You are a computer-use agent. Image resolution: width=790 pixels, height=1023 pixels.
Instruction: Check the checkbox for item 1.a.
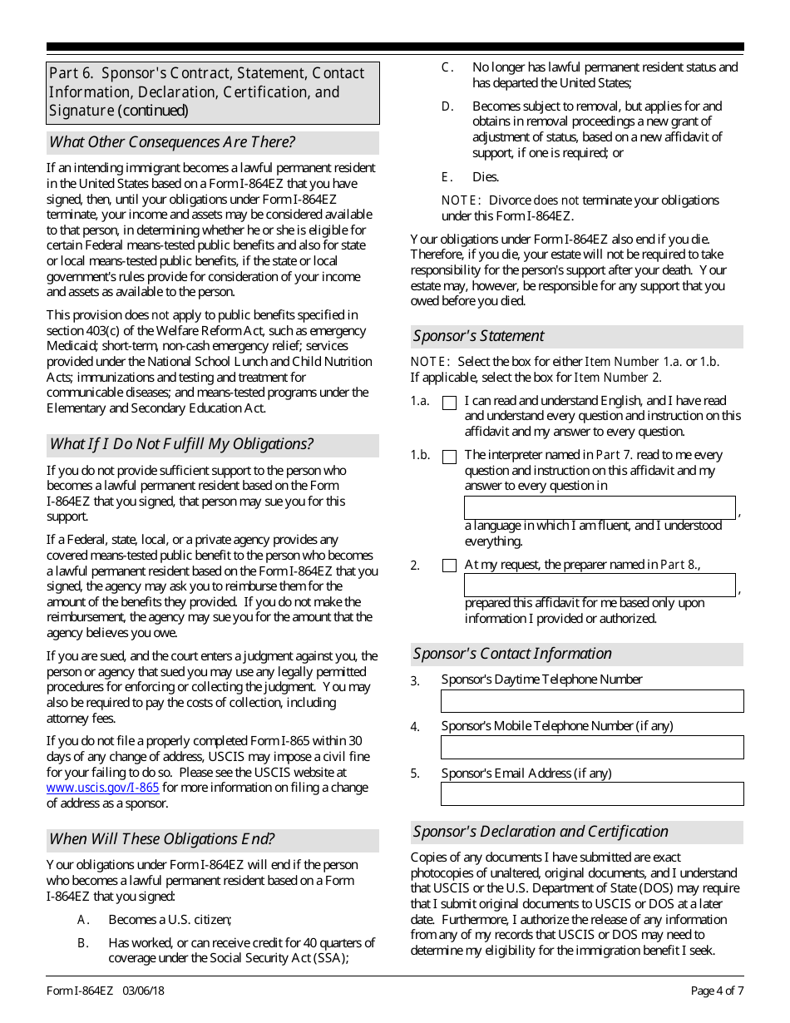point(449,403)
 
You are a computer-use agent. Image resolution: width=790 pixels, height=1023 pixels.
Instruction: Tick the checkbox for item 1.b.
point(449,457)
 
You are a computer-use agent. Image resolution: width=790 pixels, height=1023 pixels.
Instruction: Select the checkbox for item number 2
point(449,566)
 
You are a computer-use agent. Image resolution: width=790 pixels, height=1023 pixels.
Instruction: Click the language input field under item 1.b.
point(599,507)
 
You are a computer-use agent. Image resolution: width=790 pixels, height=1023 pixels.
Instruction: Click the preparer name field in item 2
point(599,585)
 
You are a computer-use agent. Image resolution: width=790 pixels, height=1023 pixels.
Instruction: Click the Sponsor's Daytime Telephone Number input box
point(591,700)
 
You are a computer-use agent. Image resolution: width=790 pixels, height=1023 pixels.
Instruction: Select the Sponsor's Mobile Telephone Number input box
point(591,747)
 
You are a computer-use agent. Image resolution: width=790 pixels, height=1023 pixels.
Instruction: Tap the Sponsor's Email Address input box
point(591,794)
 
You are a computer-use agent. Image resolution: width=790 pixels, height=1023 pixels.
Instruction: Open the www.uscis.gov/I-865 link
point(102,787)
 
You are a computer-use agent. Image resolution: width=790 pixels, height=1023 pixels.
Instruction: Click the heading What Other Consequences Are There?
point(172,142)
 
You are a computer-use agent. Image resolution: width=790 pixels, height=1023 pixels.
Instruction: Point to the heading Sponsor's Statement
point(479,336)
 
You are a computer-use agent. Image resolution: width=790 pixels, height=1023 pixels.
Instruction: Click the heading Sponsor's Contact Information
point(512,654)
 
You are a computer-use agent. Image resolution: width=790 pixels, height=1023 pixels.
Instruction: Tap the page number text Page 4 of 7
point(717,991)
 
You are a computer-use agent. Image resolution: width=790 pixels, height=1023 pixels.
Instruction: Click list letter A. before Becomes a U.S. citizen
point(83,920)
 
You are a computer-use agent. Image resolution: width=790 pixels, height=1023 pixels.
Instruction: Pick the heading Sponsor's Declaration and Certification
point(541,832)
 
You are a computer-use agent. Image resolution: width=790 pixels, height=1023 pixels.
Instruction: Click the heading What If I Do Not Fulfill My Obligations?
point(181,444)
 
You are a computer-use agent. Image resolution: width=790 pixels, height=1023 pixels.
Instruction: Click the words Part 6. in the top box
point(72,74)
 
